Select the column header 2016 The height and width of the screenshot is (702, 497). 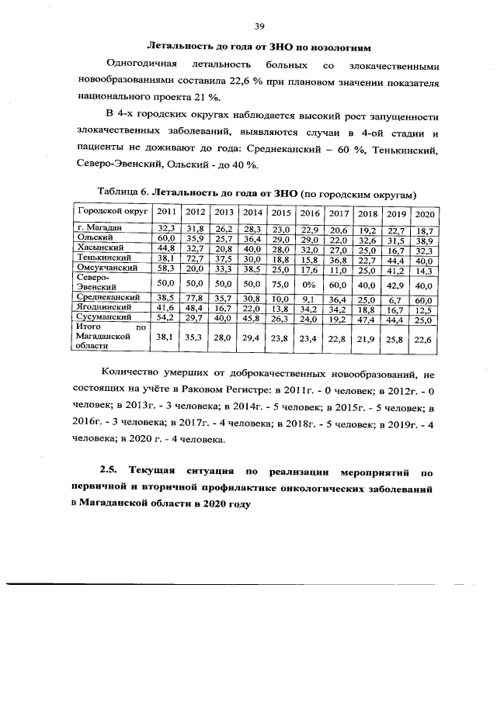(x=310, y=213)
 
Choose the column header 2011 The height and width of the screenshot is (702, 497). (x=165, y=213)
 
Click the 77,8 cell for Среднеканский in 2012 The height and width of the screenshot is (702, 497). (x=195, y=298)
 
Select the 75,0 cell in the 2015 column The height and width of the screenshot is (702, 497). (x=280, y=285)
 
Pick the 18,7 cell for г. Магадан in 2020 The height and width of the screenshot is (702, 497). (x=424, y=230)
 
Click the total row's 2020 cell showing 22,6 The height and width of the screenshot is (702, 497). (x=424, y=338)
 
